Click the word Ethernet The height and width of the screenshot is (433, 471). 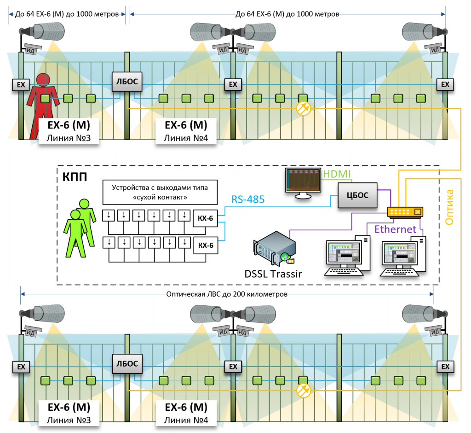(396, 229)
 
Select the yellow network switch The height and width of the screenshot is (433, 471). (405, 212)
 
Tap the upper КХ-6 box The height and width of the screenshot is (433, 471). (206, 218)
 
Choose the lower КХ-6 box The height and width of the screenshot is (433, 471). (206, 245)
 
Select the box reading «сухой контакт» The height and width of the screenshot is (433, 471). (159, 193)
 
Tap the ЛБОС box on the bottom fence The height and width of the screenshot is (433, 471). (126, 364)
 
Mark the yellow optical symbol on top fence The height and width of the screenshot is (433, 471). (304, 108)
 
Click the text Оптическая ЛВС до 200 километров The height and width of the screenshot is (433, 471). (228, 293)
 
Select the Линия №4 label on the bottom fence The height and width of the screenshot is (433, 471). (186, 420)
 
